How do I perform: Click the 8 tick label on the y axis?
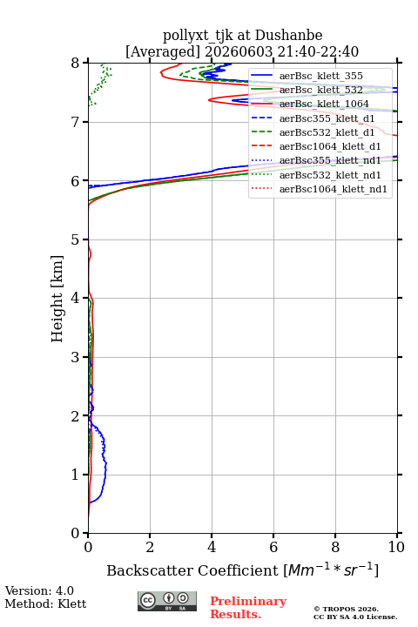point(76,64)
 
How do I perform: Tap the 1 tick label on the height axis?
point(76,475)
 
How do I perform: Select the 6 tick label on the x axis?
point(273,547)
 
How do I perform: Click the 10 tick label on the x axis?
point(396,547)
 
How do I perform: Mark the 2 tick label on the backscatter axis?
point(150,547)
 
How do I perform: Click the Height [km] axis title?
point(57,299)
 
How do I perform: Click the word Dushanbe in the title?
point(288,36)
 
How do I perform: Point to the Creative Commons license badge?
point(167,602)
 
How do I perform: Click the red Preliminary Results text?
point(248,608)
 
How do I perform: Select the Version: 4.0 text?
point(39,590)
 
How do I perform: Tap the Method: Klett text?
point(45,603)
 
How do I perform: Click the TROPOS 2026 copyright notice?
point(347,609)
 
